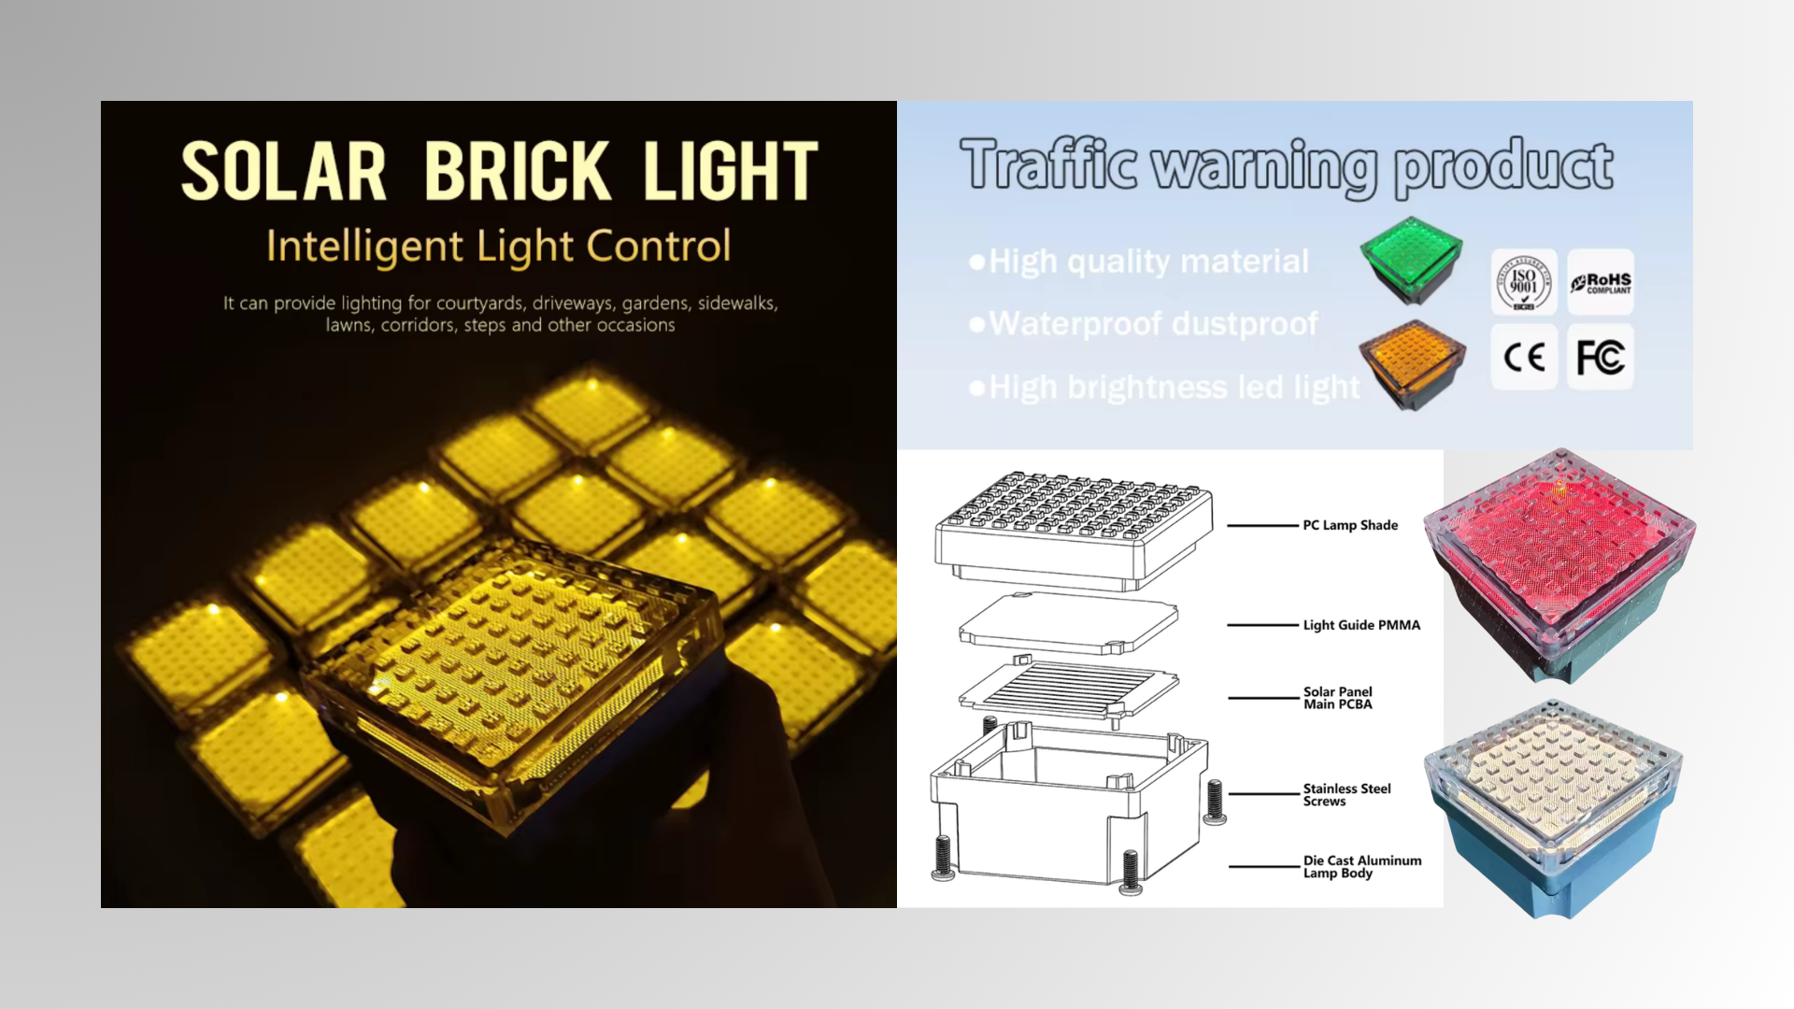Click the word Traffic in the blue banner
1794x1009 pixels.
pyautogui.click(x=1048, y=164)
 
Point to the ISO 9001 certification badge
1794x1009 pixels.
pyautogui.click(x=1524, y=282)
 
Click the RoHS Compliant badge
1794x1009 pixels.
pyautogui.click(x=1601, y=282)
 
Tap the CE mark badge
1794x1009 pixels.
pyautogui.click(x=1524, y=357)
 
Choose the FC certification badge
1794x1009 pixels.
pyautogui.click(x=1601, y=357)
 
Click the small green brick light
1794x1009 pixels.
pyautogui.click(x=1411, y=261)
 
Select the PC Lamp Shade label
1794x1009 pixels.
pyautogui.click(x=1350, y=525)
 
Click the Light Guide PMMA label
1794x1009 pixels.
pyautogui.click(x=1361, y=625)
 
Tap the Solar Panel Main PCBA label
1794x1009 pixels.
pyautogui.click(x=1338, y=698)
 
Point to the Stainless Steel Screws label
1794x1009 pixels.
pyautogui.click(x=1346, y=795)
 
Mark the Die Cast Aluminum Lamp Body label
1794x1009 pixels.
pyautogui.click(x=1362, y=867)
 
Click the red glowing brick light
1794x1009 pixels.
pyautogui.click(x=1559, y=565)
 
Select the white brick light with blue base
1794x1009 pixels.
pyautogui.click(x=1553, y=809)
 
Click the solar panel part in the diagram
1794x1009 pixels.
pyautogui.click(x=1068, y=690)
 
